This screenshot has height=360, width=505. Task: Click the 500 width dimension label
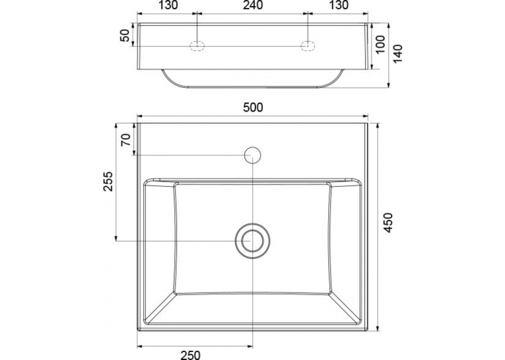point(253,107)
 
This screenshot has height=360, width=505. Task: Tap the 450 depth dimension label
point(389,223)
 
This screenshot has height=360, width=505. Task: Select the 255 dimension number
point(108,182)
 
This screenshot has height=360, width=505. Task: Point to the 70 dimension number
point(126,140)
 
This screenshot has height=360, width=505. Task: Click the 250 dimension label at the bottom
point(190,355)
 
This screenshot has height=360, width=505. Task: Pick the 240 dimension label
point(253,5)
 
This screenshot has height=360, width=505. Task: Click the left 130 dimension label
point(168,5)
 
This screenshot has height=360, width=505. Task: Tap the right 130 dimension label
point(339,5)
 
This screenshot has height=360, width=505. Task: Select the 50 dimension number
point(125,36)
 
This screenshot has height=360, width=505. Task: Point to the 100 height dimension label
point(380,44)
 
